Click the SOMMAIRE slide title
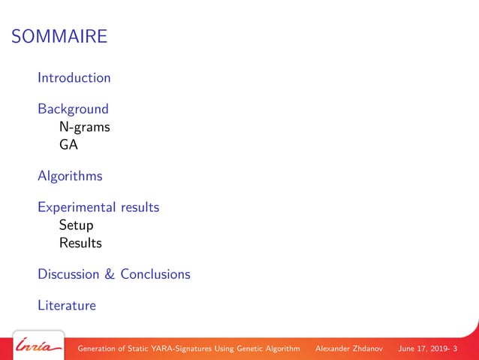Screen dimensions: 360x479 pos(60,36)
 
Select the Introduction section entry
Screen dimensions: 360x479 pos(74,77)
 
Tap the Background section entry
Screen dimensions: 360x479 pos(73,109)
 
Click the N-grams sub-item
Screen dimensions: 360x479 pos(85,127)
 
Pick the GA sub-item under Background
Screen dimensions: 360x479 pos(68,144)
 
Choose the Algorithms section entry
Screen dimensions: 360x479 pos(70,177)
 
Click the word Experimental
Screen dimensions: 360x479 pos(77,207)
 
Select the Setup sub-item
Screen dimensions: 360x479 pos(76,225)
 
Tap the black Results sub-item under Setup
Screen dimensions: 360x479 pos(80,243)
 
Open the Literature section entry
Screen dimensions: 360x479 pos(67,306)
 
